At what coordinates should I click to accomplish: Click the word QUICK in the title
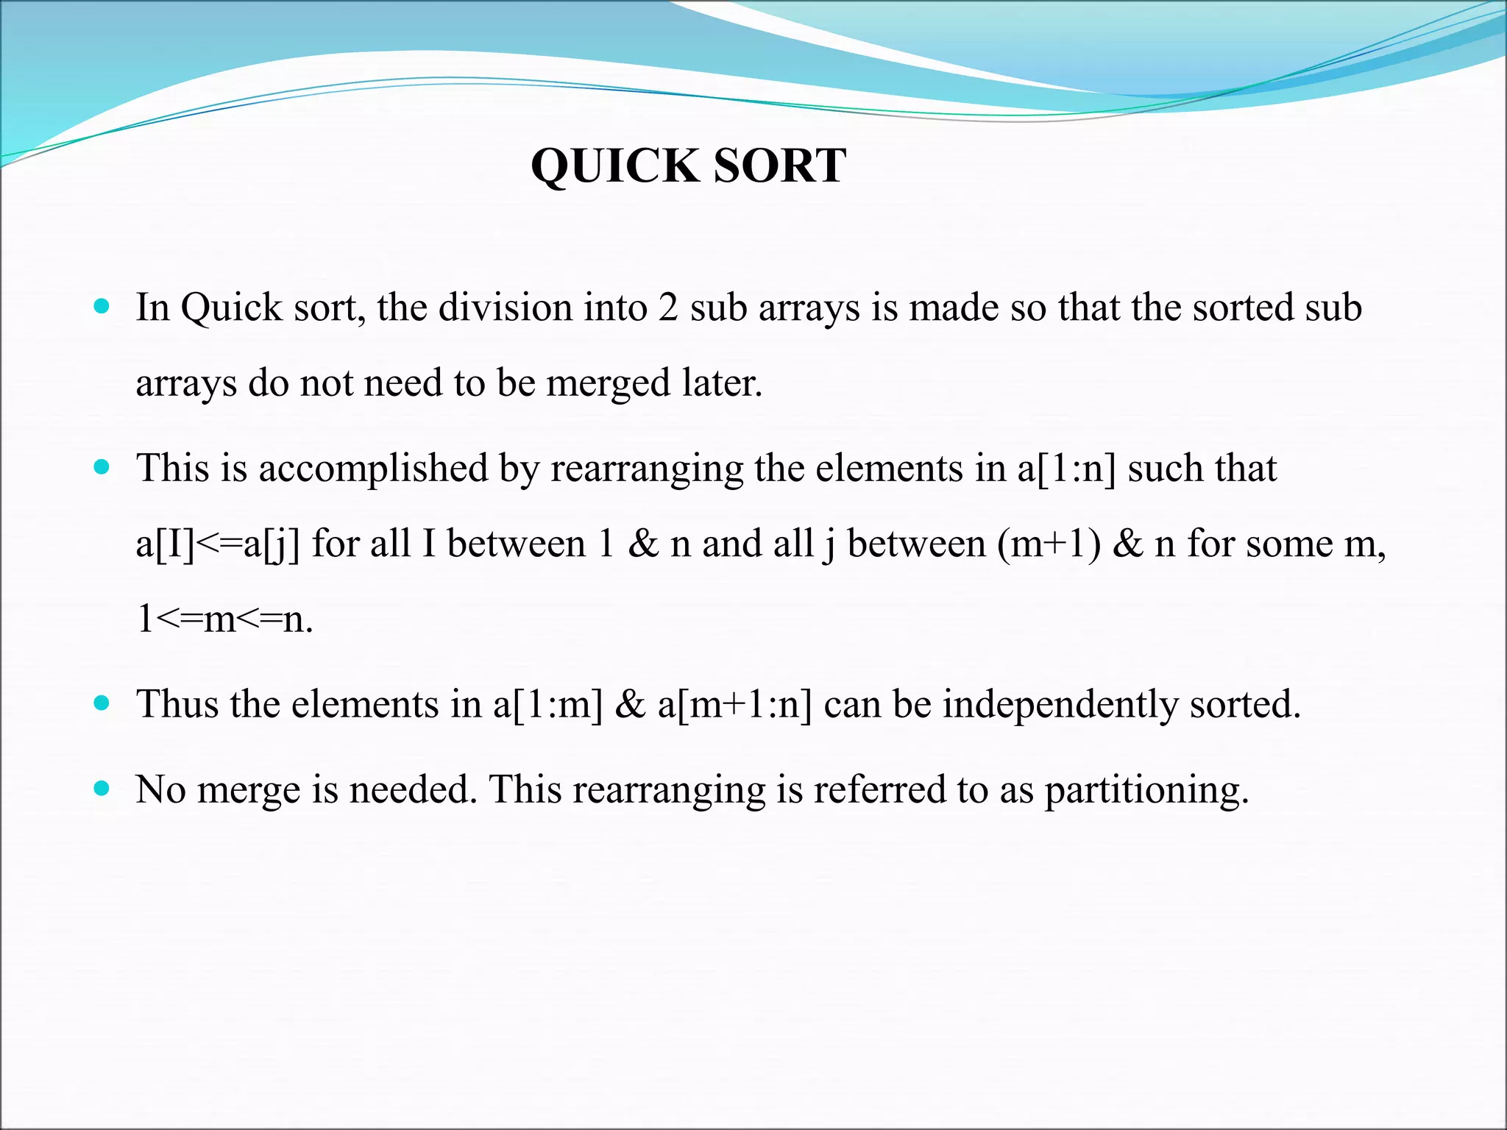614,166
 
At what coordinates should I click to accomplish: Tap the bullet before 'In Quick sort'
102,305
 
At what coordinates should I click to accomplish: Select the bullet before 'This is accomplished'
102,466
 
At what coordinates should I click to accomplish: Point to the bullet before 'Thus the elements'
102,703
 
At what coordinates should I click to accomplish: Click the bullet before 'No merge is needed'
102,788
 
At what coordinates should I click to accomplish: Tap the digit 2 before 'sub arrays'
667,308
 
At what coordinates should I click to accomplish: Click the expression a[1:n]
1066,469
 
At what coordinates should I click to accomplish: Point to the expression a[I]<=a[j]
218,545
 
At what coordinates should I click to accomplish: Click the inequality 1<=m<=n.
224,619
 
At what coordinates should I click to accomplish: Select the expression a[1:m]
547,705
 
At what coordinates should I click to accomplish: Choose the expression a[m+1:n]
734,705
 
